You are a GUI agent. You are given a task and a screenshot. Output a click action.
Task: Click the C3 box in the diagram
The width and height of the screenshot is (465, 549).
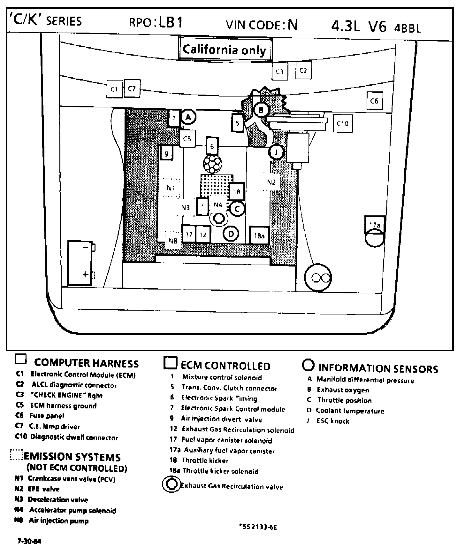(x=280, y=71)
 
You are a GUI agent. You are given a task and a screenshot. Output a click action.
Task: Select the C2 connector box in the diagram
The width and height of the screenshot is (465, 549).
(x=303, y=71)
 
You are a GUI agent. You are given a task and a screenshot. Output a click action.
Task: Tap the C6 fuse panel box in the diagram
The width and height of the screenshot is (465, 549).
(x=374, y=101)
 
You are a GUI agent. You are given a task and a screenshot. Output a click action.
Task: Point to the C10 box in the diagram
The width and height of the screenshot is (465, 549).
(x=343, y=123)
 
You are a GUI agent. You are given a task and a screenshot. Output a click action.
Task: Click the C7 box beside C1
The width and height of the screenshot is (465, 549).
(x=132, y=89)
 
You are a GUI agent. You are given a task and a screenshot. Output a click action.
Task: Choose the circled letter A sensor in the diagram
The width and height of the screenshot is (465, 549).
(x=188, y=117)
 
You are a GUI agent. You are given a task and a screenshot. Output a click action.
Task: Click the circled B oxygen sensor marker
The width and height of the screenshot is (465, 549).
(x=261, y=110)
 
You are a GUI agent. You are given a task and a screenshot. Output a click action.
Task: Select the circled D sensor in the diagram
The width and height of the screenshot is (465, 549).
(x=231, y=234)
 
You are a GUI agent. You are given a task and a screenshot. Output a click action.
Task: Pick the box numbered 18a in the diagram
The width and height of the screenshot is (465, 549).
(x=259, y=236)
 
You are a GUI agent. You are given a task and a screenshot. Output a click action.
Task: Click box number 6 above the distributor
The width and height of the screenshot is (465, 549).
(x=212, y=146)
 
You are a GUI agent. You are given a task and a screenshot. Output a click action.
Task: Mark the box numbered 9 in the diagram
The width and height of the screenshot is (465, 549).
(x=166, y=154)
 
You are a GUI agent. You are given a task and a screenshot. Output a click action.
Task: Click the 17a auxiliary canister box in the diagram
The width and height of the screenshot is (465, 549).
(x=375, y=225)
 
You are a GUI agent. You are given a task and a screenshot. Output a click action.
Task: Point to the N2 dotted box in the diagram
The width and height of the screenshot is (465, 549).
(x=271, y=182)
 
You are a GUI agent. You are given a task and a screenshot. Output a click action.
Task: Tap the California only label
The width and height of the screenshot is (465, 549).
(x=225, y=50)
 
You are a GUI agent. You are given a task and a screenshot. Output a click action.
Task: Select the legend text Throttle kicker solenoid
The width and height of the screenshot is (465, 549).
(x=220, y=471)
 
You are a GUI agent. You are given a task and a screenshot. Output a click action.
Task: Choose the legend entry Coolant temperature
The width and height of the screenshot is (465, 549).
(x=350, y=411)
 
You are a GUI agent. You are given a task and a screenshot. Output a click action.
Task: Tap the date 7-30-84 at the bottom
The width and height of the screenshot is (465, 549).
(x=29, y=541)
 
